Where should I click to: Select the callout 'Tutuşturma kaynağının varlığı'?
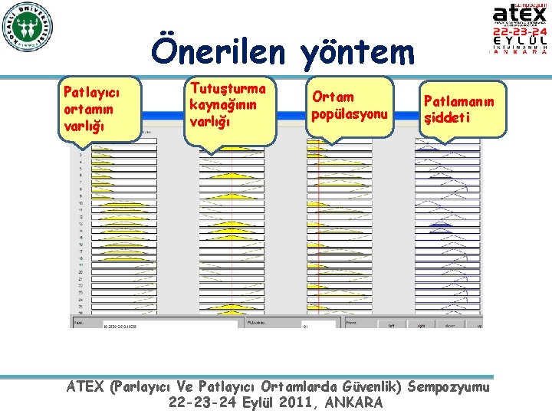[x=229, y=107]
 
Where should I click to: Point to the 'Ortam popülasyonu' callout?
[x=349, y=107]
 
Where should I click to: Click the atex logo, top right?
[x=519, y=15]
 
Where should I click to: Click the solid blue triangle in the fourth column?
[x=440, y=225]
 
